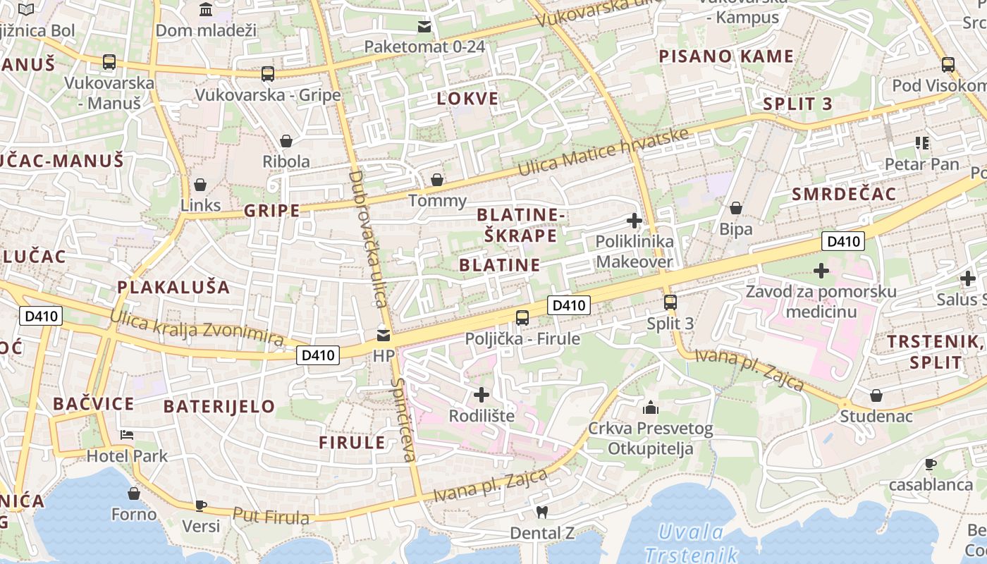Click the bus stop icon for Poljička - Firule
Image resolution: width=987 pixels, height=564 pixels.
pos(522,317)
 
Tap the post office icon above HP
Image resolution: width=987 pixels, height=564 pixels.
pos(384,335)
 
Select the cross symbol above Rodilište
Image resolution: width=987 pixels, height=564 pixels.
pos(482,395)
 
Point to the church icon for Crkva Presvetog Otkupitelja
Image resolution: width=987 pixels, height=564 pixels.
pos(650,407)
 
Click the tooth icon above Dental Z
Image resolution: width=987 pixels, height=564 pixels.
pos(541,512)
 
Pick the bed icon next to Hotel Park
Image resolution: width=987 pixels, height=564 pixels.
pos(127,434)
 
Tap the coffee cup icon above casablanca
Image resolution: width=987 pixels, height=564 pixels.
pos(931,464)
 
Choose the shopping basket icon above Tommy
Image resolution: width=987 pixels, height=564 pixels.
pos(437,180)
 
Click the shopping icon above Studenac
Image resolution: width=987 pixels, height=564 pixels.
pos(876,395)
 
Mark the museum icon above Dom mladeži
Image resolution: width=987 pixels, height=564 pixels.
pos(206,9)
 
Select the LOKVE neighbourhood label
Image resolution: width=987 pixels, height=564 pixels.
pos(467,99)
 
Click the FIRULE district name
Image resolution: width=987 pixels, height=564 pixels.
pos(352,443)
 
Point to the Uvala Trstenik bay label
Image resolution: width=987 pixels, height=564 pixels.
pos(691,543)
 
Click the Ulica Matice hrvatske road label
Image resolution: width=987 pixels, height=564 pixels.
pos(603,152)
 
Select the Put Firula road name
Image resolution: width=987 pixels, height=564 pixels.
pos(271,516)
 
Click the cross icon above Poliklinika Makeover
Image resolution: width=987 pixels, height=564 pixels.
pos(634,221)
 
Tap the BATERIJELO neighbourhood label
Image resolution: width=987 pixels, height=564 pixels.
pos(219,406)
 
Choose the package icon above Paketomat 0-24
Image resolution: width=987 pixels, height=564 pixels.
pos(424,27)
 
